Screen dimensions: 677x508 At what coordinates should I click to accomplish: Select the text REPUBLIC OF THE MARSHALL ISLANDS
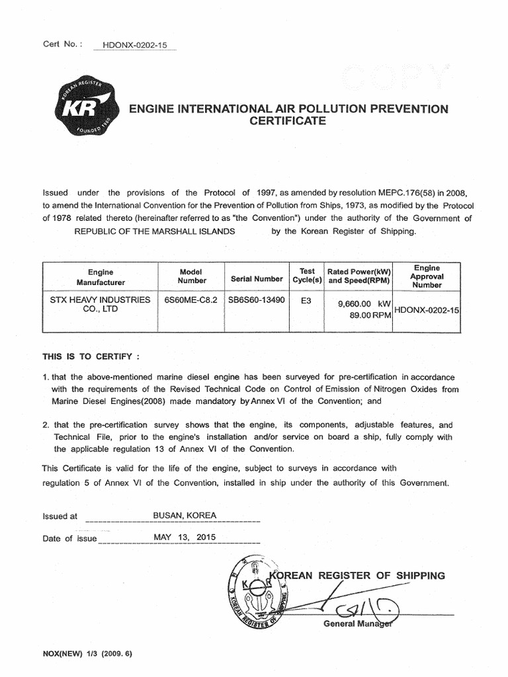tap(154, 231)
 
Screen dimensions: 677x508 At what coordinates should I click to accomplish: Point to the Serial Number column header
tap(257, 279)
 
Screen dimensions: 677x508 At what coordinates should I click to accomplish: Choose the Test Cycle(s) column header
tap(307, 276)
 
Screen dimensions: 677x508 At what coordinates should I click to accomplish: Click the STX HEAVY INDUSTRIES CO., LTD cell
tap(100, 304)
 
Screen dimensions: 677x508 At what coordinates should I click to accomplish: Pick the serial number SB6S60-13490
tap(257, 299)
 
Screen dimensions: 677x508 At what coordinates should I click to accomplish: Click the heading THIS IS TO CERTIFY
tap(91, 356)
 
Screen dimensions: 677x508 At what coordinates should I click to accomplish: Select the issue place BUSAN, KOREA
tap(185, 515)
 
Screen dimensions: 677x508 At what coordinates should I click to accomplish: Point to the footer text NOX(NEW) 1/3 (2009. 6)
tap(88, 654)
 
